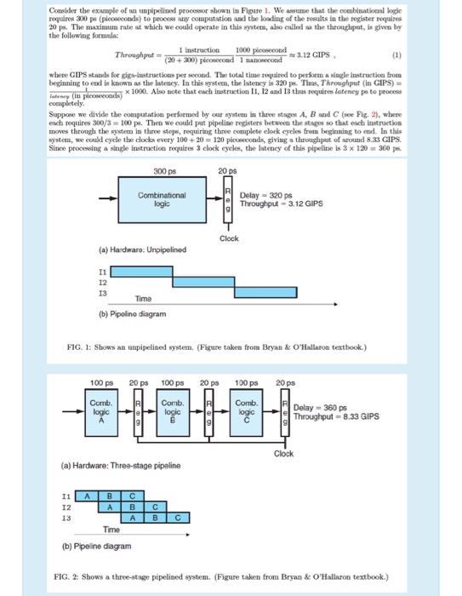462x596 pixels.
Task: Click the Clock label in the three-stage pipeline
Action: tap(284, 453)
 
